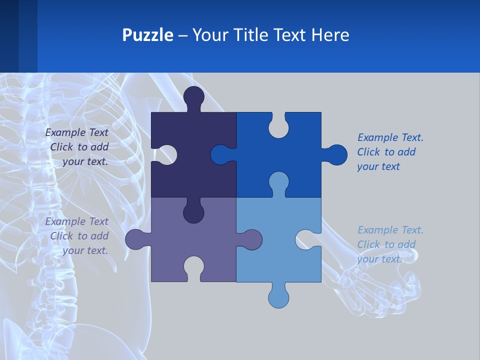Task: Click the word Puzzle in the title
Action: pyautogui.click(x=147, y=35)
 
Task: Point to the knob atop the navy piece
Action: pyautogui.click(x=194, y=97)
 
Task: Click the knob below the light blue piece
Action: pyautogui.click(x=278, y=296)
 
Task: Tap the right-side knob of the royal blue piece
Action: pyautogui.click(x=335, y=155)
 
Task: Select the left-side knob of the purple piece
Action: pyautogui.click(x=136, y=239)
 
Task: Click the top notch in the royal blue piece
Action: pyautogui.click(x=278, y=125)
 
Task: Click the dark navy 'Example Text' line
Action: pyautogui.click(x=77, y=132)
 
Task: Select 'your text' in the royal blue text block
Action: pyautogui.click(x=378, y=166)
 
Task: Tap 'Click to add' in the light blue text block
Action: pyautogui.click(x=386, y=244)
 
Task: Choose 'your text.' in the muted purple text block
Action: pyautogui.click(x=85, y=250)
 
